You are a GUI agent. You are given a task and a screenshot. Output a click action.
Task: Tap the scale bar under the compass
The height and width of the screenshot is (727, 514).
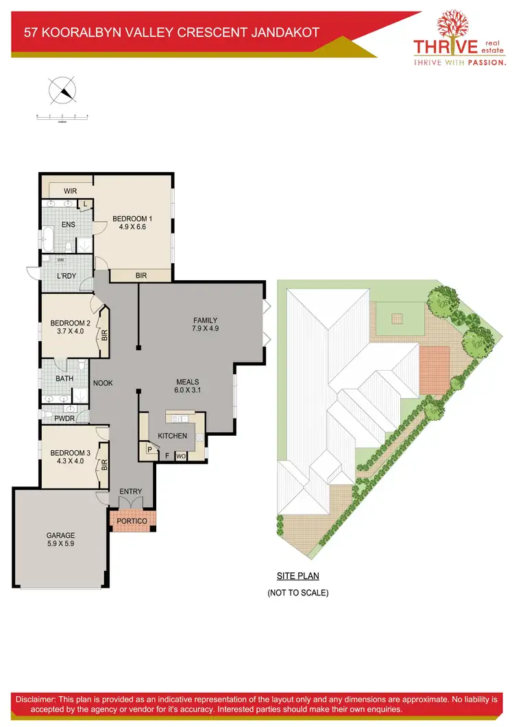[62, 118]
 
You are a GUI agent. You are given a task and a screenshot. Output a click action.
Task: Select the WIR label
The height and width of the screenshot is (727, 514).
[70, 190]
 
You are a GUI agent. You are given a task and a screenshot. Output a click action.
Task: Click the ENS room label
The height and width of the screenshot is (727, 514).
[69, 224]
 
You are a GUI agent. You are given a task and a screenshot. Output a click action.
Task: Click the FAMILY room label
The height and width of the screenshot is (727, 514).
[205, 320]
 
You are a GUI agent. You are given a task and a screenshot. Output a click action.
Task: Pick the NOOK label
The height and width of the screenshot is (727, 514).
[103, 384]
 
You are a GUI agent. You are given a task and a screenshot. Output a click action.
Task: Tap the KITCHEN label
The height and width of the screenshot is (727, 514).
[172, 436]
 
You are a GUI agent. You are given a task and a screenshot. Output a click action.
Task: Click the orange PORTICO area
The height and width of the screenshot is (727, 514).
[132, 521]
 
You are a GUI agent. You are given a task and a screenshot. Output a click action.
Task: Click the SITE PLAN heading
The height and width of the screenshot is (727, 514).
[297, 576]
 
